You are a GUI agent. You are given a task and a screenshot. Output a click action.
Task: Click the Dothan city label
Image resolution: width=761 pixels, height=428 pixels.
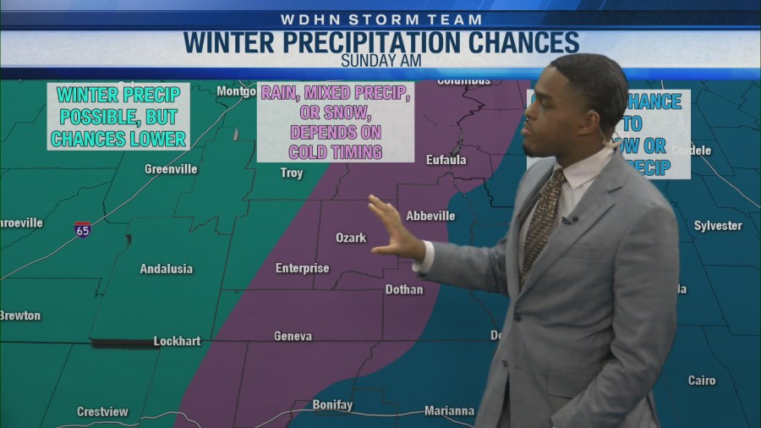(x=404, y=289)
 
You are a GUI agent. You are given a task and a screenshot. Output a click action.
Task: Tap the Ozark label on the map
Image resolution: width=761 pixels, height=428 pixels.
(x=351, y=238)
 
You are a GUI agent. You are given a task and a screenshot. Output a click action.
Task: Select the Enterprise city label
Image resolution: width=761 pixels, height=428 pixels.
(x=302, y=268)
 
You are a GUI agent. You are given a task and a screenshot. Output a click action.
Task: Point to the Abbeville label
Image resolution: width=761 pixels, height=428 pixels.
(x=430, y=216)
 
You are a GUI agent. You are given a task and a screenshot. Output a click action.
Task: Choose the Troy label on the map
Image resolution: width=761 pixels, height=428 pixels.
(x=292, y=173)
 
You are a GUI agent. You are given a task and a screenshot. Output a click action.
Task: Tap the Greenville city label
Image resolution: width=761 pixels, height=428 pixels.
(x=171, y=169)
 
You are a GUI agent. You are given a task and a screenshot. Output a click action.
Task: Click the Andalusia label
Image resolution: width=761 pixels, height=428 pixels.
(x=166, y=269)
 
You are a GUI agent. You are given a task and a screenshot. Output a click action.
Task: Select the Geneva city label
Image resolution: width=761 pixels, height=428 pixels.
(x=293, y=336)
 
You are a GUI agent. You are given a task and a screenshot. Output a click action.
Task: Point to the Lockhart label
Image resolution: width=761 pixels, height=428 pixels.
(x=177, y=341)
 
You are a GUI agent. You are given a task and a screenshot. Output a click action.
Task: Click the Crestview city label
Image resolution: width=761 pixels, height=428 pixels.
(x=102, y=412)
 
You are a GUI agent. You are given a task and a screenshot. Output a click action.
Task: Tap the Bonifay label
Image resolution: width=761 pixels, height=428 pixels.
(x=332, y=405)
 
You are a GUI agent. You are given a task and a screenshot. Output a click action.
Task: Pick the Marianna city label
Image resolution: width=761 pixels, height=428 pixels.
(x=449, y=411)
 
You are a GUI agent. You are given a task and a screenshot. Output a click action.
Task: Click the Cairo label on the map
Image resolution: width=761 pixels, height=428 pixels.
(x=701, y=381)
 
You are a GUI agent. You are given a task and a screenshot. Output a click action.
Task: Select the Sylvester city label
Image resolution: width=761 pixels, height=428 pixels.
(x=718, y=226)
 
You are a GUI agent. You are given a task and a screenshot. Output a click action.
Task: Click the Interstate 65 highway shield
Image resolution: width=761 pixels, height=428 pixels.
(x=82, y=229)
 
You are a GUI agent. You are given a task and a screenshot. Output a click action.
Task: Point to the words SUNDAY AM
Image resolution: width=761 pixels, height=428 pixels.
(x=380, y=60)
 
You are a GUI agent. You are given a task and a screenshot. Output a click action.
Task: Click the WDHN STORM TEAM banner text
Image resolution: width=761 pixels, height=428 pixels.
(x=380, y=19)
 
